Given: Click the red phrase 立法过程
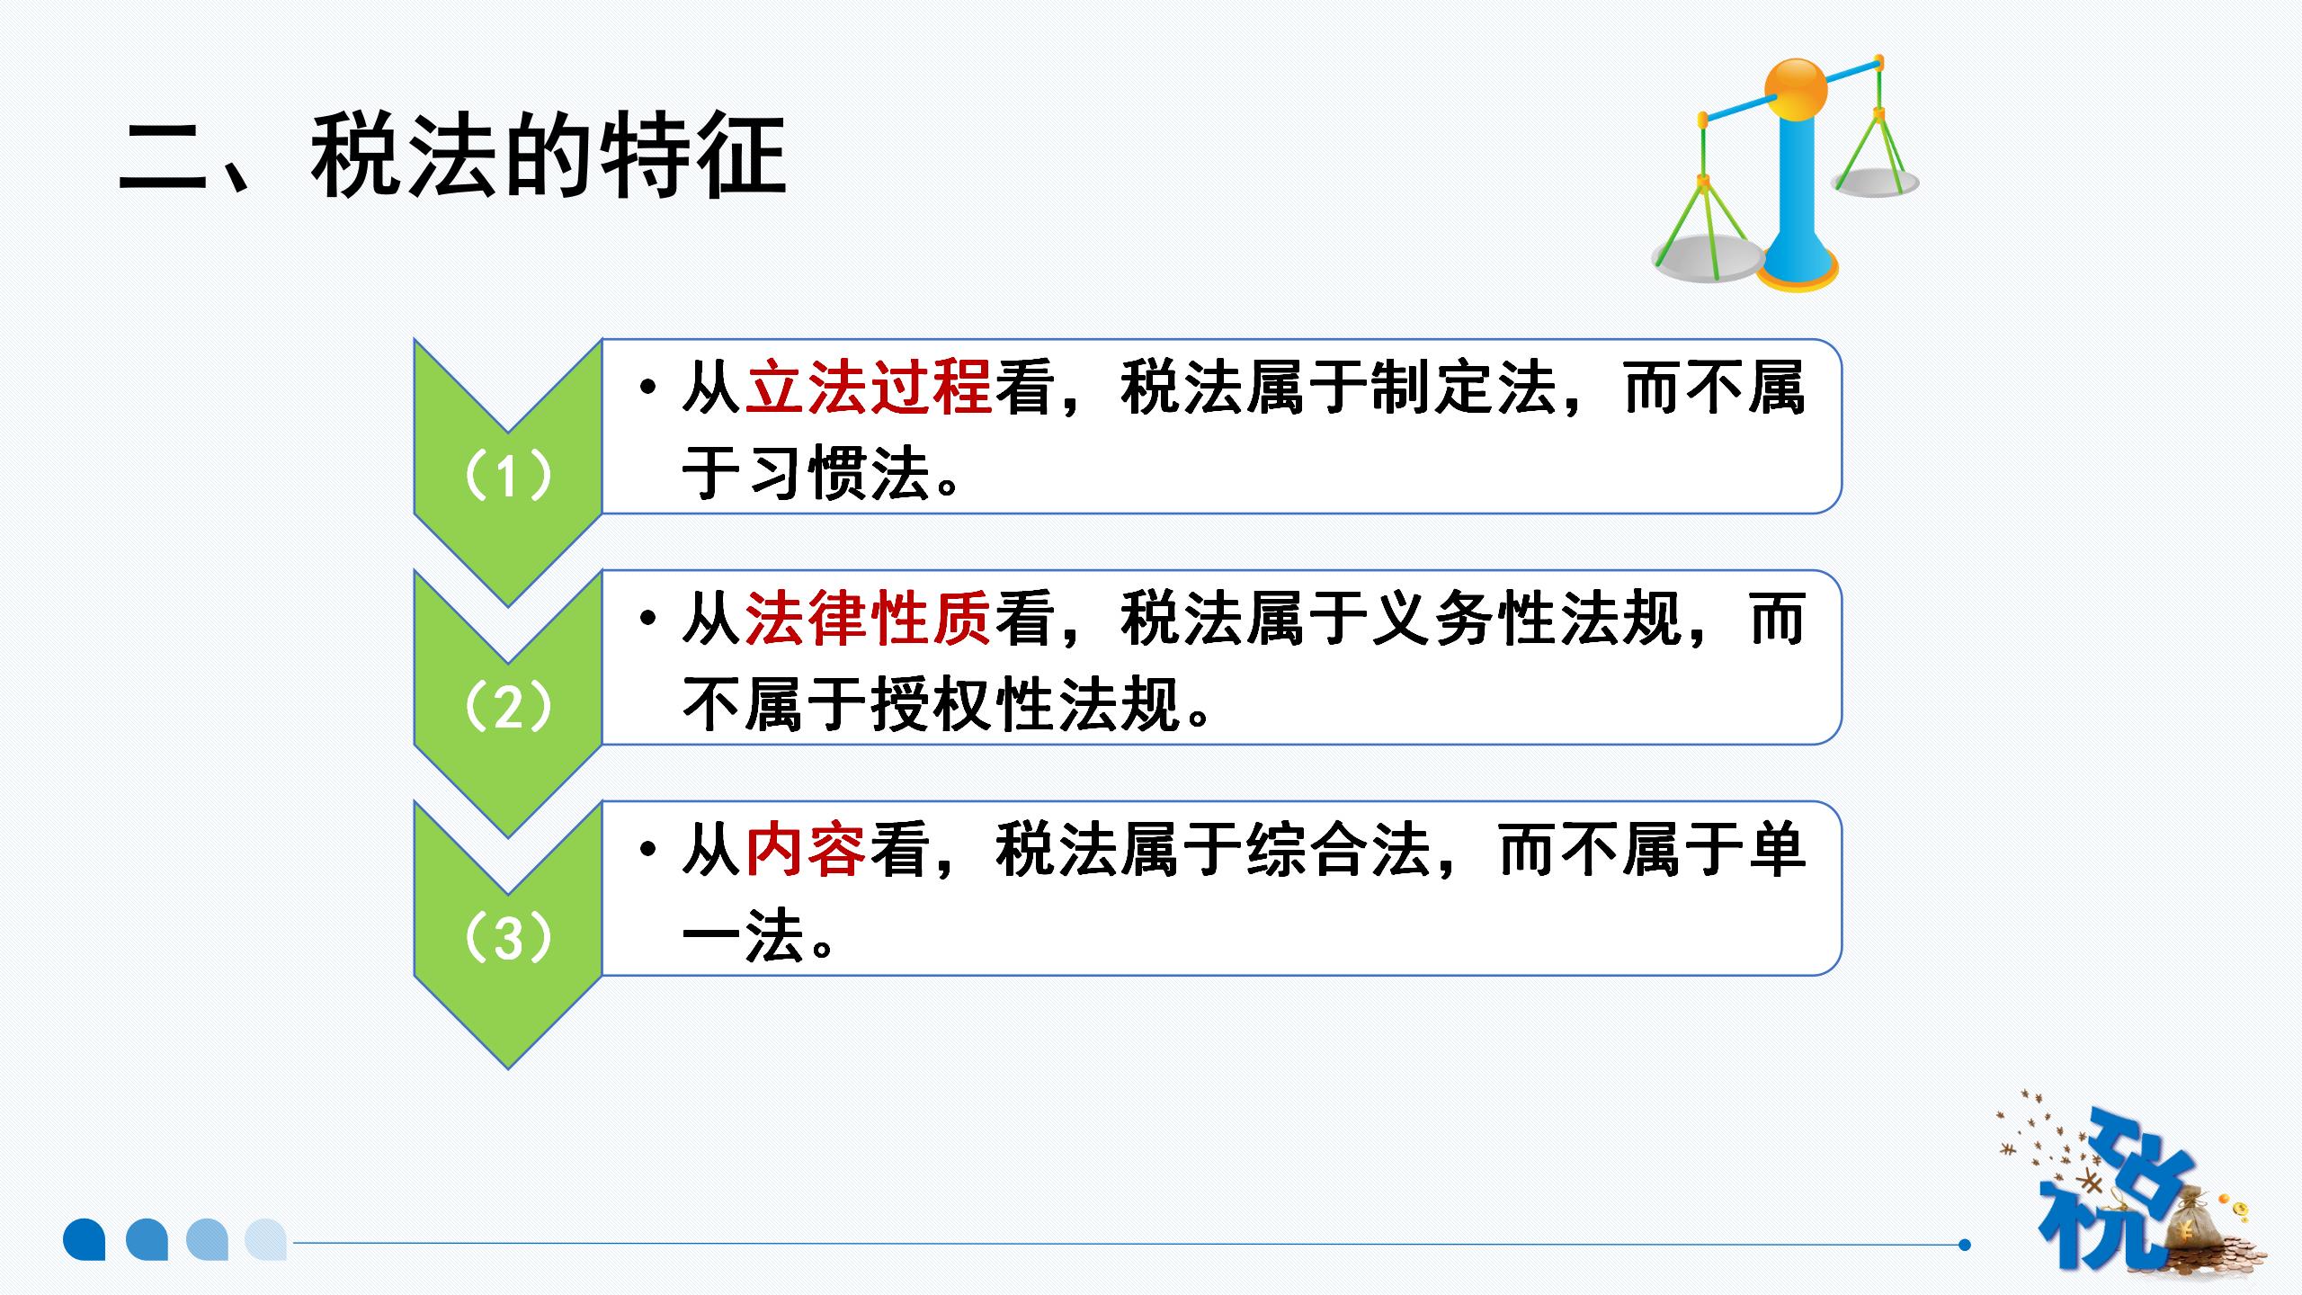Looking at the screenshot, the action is click(x=869, y=388).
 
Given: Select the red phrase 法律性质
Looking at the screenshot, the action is click(x=869, y=620).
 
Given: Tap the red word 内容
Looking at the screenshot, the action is click(x=807, y=851).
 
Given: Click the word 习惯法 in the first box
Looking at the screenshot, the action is click(x=837, y=473).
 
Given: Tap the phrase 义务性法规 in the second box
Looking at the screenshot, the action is click(x=1526, y=620).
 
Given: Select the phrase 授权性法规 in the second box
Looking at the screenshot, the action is click(x=1025, y=704).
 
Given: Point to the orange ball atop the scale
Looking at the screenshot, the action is click(x=1796, y=90).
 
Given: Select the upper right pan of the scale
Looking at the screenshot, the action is click(x=1877, y=183).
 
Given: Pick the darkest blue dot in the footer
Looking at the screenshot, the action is click(x=85, y=1239).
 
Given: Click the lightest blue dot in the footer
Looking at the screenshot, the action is click(x=266, y=1239).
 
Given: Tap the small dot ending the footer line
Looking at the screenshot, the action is click(x=1964, y=1245).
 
